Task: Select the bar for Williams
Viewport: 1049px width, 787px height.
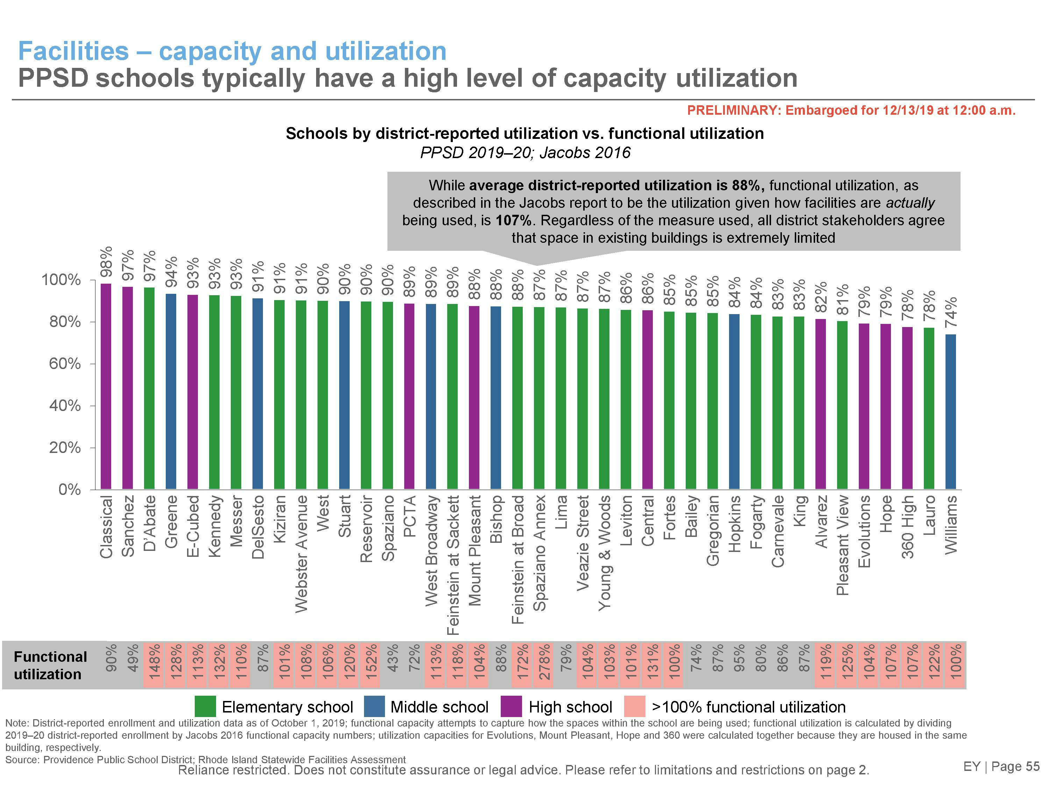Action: tap(950, 412)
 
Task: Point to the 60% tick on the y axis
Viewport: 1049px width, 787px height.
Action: tap(65, 364)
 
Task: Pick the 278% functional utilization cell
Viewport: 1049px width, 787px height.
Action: tap(543, 665)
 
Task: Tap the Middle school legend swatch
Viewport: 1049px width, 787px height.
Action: tap(374, 706)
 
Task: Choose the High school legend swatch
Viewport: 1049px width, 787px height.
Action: tap(511, 706)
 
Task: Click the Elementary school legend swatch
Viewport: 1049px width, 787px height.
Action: tap(205, 706)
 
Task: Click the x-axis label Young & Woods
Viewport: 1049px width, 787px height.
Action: tap(604, 553)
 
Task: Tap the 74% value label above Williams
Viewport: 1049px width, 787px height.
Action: tap(951, 312)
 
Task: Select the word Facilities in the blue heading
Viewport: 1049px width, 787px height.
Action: tap(73, 51)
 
